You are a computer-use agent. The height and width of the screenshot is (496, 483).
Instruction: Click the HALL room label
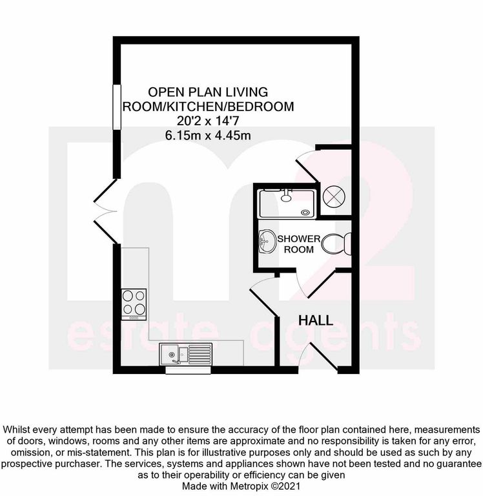(316, 320)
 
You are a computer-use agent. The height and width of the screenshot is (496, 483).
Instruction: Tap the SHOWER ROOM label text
(299, 244)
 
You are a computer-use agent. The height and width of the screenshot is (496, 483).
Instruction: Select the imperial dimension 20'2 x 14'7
(208, 121)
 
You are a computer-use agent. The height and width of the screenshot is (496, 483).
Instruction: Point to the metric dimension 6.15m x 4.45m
(208, 136)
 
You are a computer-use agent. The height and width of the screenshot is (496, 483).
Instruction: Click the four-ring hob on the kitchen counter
(134, 304)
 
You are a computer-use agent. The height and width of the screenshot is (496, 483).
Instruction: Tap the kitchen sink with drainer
(186, 354)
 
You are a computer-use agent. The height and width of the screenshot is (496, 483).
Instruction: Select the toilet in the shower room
(336, 244)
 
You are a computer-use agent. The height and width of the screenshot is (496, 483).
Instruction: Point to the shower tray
(287, 203)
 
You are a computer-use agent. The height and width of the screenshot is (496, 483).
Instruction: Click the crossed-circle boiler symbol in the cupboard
(333, 196)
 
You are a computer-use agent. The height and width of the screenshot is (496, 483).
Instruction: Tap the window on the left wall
(117, 107)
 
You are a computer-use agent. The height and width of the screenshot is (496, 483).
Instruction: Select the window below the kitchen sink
(188, 370)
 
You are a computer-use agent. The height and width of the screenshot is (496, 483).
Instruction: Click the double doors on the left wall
(105, 211)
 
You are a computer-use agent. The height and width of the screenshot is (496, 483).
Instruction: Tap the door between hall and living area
(264, 296)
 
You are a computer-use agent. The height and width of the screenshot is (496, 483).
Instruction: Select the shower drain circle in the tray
(305, 213)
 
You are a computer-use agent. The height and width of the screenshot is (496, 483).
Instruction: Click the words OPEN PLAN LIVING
(208, 92)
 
